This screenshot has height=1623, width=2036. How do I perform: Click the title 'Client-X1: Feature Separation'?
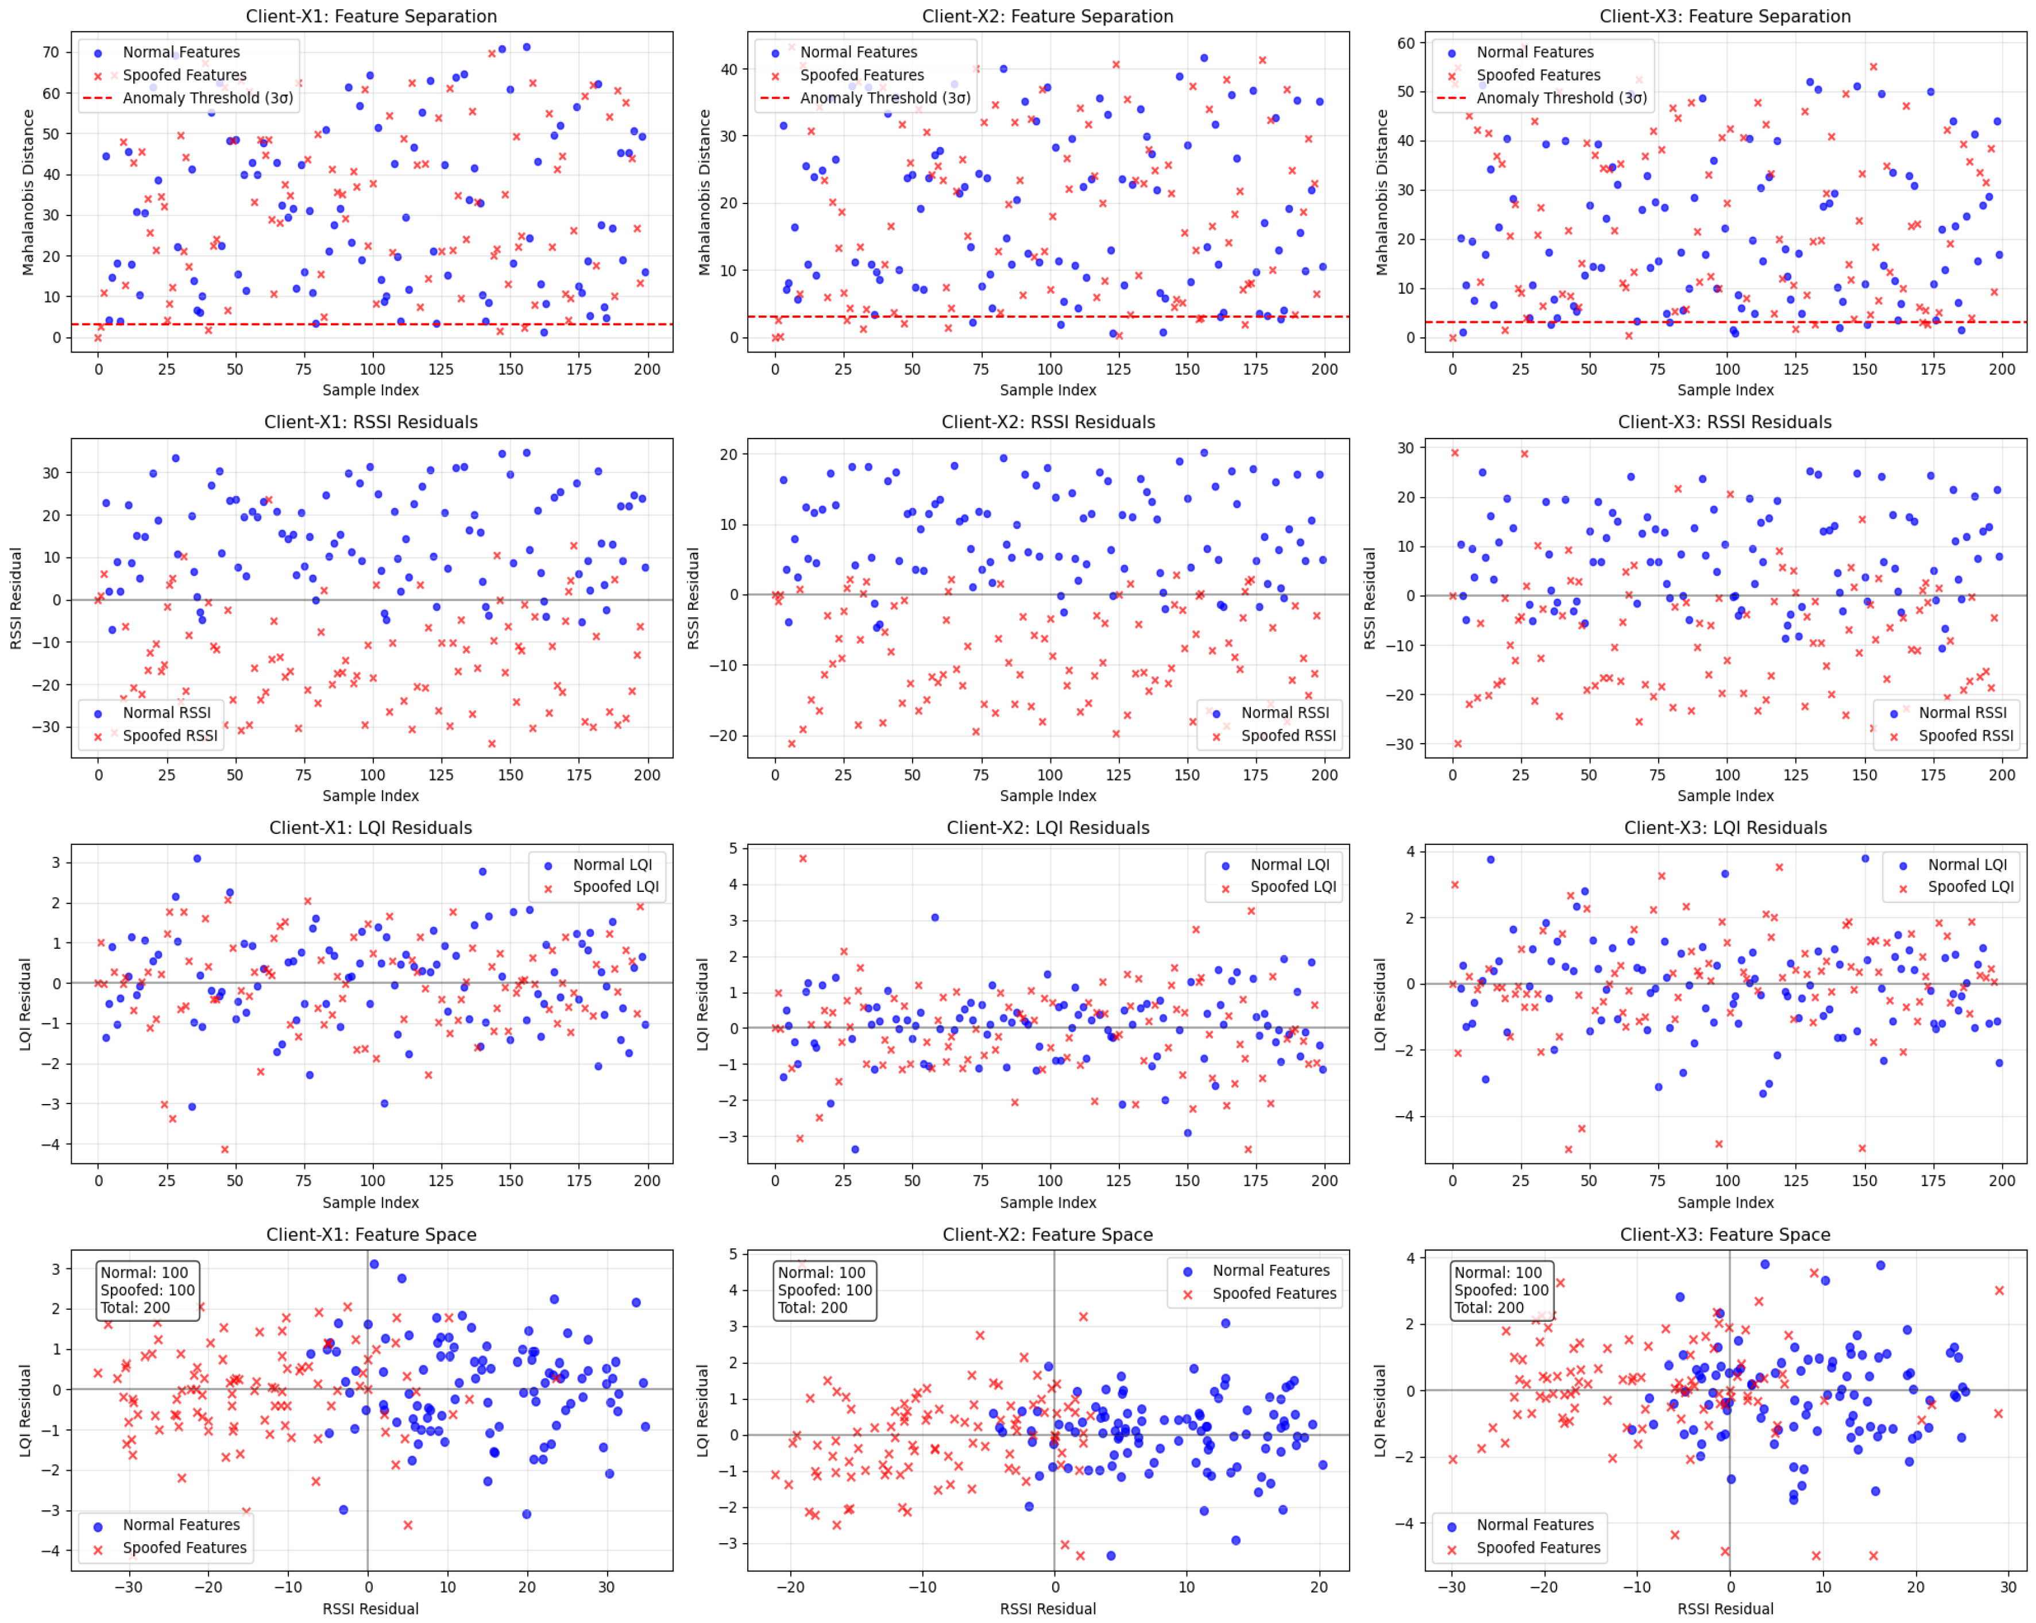(370, 16)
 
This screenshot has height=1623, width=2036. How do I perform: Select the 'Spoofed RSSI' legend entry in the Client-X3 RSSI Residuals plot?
(1965, 735)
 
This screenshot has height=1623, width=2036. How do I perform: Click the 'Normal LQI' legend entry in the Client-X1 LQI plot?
(612, 864)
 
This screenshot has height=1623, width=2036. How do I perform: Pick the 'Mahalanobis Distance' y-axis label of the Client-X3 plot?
(1382, 193)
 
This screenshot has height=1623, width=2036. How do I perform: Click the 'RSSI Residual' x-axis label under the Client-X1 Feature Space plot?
(370, 1608)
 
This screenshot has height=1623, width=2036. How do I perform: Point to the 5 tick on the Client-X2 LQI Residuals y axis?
(732, 848)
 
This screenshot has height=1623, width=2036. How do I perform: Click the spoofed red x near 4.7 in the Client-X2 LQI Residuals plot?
(803, 859)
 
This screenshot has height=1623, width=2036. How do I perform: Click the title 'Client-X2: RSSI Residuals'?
(1047, 422)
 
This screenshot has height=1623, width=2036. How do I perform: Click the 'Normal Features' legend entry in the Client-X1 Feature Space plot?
(181, 1525)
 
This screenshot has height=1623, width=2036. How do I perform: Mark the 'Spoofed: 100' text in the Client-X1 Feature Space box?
(148, 1290)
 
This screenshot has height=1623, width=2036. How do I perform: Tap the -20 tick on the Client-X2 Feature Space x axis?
(790, 1587)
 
